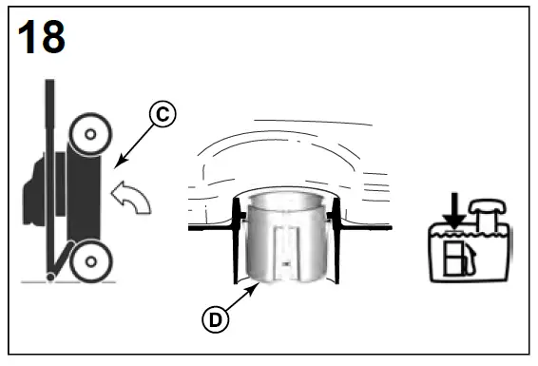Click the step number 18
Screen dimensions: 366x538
click(x=42, y=37)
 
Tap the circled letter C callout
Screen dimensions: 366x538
click(x=163, y=114)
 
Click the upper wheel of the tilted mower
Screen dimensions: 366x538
click(x=88, y=135)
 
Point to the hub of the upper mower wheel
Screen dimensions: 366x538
click(x=88, y=135)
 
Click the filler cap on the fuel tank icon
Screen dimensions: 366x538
click(x=486, y=208)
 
